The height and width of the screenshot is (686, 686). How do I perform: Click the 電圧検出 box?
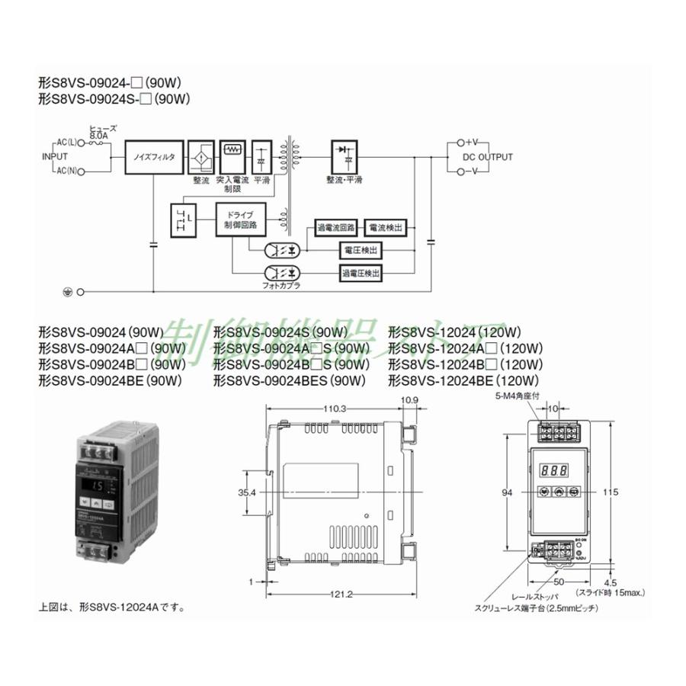(360, 250)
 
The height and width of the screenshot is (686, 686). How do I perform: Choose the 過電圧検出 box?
(360, 272)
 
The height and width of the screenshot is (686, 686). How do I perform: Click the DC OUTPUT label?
(488, 158)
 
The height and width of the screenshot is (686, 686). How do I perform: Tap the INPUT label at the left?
(54, 158)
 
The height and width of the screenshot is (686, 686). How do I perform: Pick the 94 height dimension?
(506, 493)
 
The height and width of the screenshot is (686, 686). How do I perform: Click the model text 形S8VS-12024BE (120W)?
(464, 380)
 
